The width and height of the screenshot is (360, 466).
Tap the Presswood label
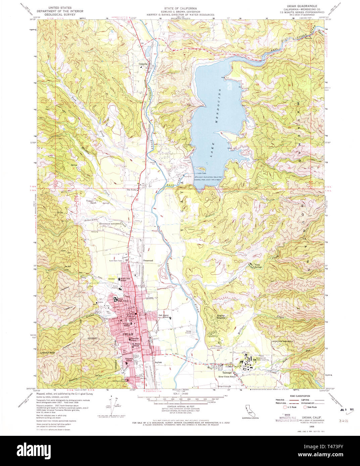point(148,260)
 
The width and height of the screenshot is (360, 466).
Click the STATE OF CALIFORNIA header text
point(180,8)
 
